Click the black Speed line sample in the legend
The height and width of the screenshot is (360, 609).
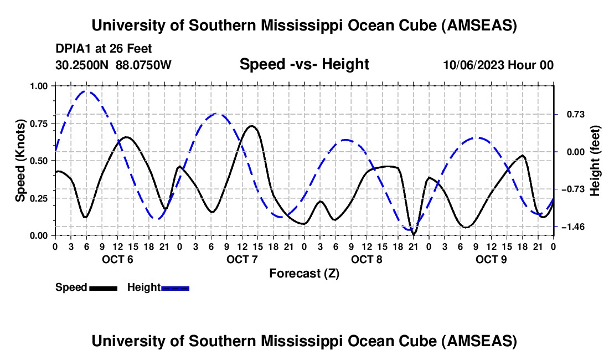click(x=103, y=287)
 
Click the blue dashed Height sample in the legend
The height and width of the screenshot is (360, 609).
click(x=175, y=287)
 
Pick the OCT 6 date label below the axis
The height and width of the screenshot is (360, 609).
click(x=117, y=259)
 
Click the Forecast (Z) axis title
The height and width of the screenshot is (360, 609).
click(x=304, y=273)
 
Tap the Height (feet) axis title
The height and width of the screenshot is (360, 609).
click(x=595, y=160)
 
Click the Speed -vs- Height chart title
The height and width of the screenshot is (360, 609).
click(x=304, y=64)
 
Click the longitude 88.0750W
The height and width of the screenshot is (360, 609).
click(x=144, y=65)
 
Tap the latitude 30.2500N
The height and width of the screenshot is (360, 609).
click(x=82, y=65)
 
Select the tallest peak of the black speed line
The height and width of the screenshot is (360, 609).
click(x=252, y=126)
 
